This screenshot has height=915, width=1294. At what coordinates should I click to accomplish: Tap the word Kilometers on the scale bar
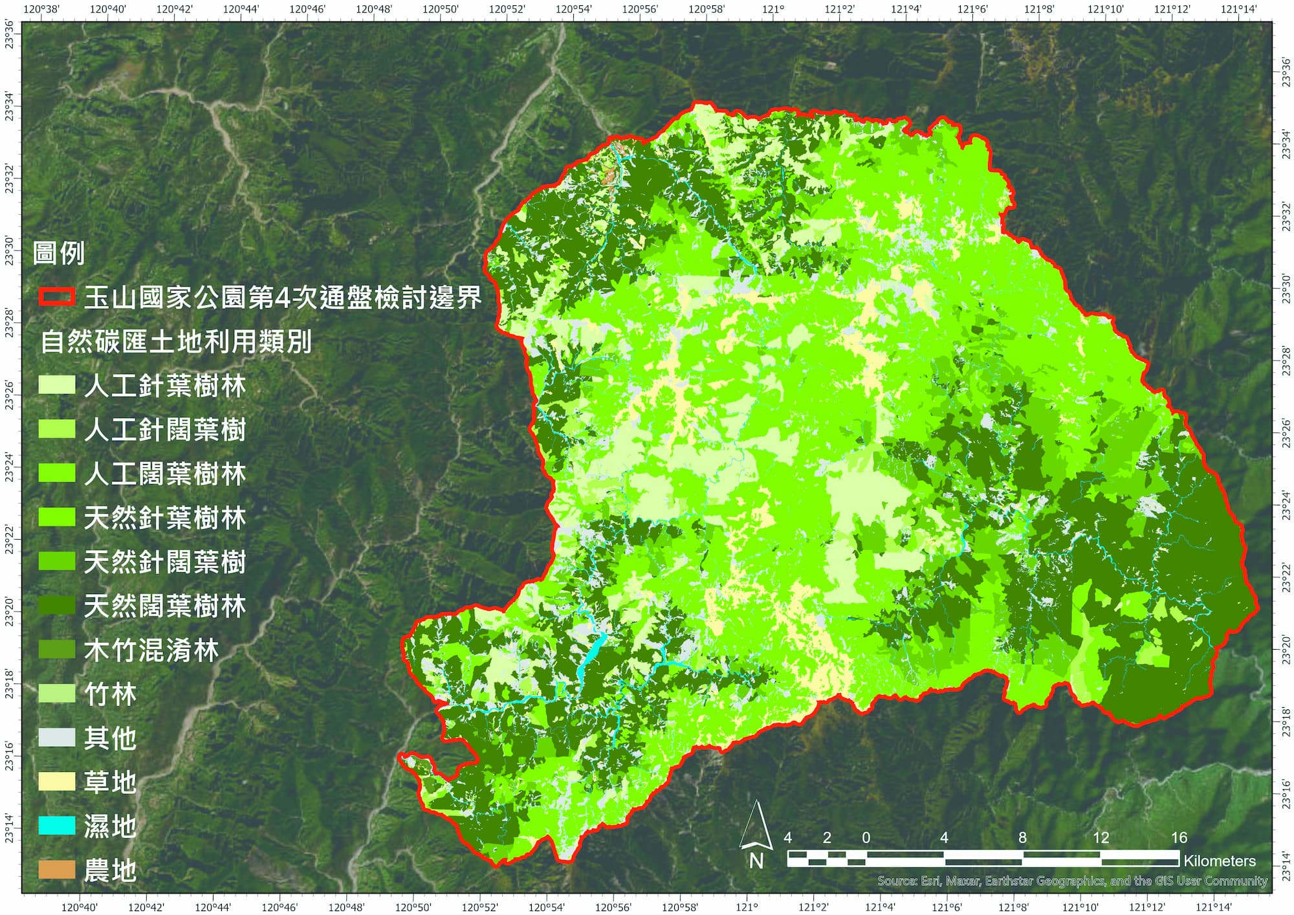pyautogui.click(x=1219, y=861)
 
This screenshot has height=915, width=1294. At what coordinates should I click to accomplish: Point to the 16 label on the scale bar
pyautogui.click(x=1179, y=838)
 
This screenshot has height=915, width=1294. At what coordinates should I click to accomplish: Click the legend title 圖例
pyautogui.click(x=59, y=253)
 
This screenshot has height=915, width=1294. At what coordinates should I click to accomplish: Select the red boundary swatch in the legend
pyautogui.click(x=57, y=297)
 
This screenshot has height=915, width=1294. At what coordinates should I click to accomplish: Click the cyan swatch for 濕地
pyautogui.click(x=57, y=826)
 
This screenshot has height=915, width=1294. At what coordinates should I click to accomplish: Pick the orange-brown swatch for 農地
pyautogui.click(x=57, y=870)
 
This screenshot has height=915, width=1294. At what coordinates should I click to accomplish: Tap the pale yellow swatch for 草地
pyautogui.click(x=57, y=782)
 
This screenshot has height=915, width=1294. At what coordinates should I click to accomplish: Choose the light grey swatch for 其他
pyautogui.click(x=57, y=738)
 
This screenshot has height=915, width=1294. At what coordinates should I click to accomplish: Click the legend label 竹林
pyautogui.click(x=111, y=694)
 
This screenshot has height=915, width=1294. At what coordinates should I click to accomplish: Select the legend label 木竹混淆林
pyautogui.click(x=151, y=650)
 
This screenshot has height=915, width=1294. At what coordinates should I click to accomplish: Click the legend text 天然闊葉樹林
pyautogui.click(x=165, y=606)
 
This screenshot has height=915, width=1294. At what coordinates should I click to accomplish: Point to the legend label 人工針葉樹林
pyautogui.click(x=165, y=386)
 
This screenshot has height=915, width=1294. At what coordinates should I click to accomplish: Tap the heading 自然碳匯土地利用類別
pyautogui.click(x=176, y=341)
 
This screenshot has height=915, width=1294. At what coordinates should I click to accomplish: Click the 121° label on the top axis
pyautogui.click(x=773, y=9)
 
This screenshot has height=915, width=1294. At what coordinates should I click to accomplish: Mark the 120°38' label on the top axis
pyautogui.click(x=41, y=9)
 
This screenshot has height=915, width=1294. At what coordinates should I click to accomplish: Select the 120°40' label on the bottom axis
pyautogui.click(x=79, y=907)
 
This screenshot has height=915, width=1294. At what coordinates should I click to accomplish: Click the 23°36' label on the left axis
pyautogui.click(x=9, y=32)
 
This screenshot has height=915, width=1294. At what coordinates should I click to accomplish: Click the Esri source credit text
pyautogui.click(x=1072, y=881)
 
